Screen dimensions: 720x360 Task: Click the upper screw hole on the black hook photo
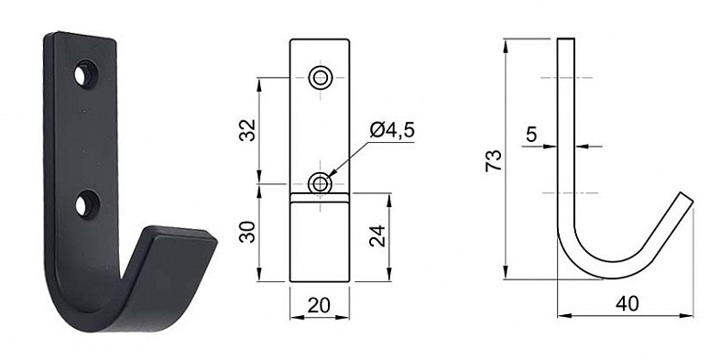click(x=84, y=74)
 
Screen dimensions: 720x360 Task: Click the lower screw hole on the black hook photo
click(x=85, y=204)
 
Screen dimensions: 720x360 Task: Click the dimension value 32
click(x=248, y=130)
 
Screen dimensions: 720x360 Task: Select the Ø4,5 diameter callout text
click(x=392, y=130)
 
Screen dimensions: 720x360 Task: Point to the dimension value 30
click(x=248, y=232)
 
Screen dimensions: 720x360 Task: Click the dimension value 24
click(x=379, y=236)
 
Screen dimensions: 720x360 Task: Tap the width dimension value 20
click(x=319, y=305)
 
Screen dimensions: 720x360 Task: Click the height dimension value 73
click(x=494, y=160)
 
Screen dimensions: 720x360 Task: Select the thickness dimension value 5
click(x=531, y=135)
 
